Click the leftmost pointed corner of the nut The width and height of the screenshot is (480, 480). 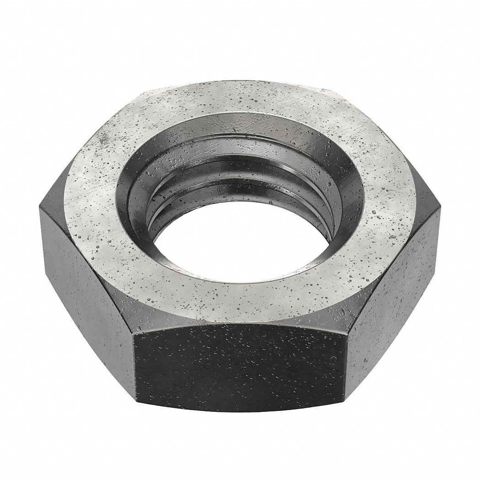click(x=40, y=206)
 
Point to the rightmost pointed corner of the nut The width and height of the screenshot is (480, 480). click(x=440, y=208)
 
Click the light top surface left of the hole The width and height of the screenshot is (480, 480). click(x=91, y=201)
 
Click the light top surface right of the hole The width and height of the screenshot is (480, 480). click(x=389, y=206)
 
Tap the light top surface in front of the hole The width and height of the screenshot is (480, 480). click(x=238, y=297)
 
